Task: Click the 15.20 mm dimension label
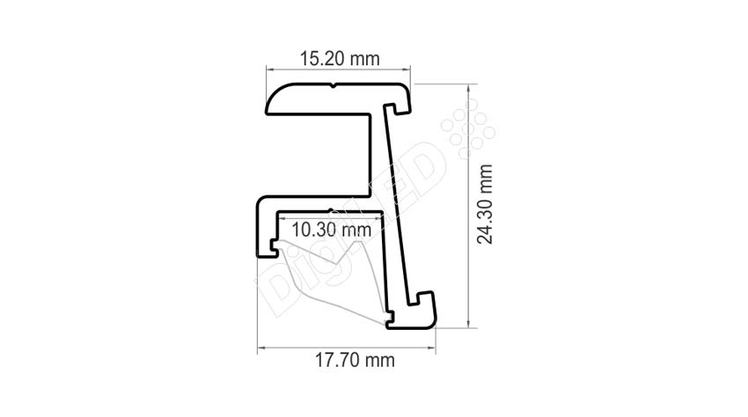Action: (340, 59)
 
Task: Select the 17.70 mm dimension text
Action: (355, 360)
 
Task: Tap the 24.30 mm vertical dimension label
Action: (485, 204)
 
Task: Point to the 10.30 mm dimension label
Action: (331, 230)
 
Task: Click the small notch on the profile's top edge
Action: (334, 86)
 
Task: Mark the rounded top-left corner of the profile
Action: (275, 94)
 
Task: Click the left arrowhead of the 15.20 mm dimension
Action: (269, 69)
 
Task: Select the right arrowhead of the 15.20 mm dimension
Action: (407, 69)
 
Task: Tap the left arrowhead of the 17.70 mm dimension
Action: (261, 347)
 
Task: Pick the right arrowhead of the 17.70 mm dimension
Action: (432, 347)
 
